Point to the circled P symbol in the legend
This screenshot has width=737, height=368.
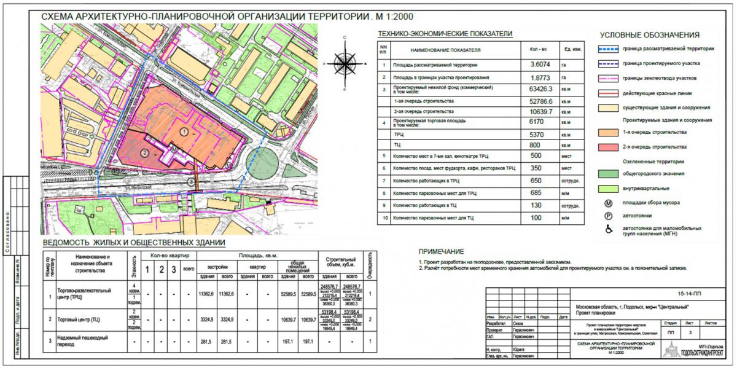pos(609,216)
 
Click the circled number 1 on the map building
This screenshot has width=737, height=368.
pos(184,131)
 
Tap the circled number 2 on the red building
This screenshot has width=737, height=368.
pos(145,152)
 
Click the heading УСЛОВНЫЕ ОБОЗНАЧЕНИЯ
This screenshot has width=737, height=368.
pos(650,35)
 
